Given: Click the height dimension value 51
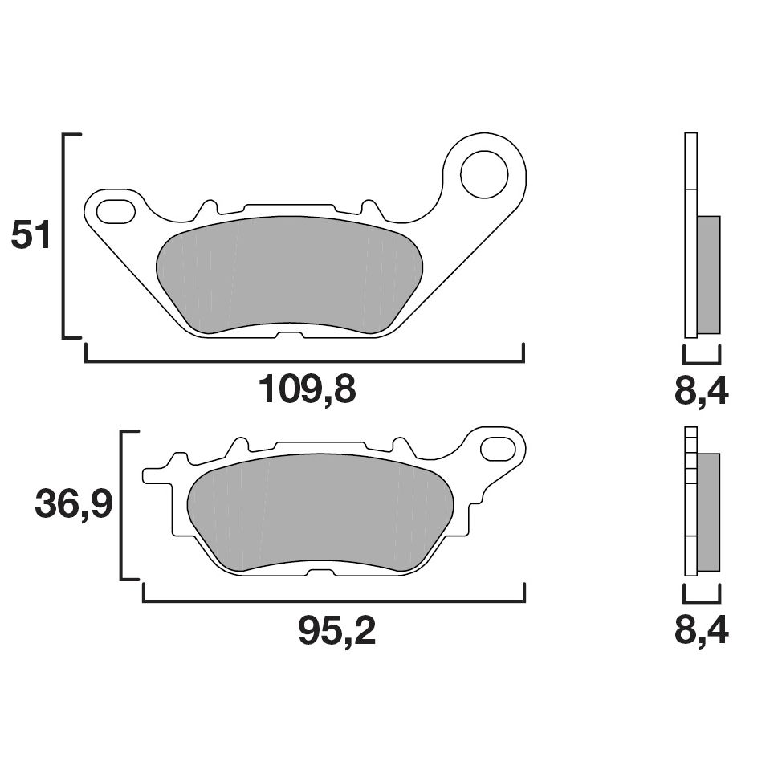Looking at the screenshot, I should pyautogui.click(x=31, y=236).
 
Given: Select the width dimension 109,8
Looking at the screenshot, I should pyautogui.click(x=306, y=391).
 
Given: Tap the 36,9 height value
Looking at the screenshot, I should pyautogui.click(x=73, y=505).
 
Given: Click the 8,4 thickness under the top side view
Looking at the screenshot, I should pyautogui.click(x=701, y=392).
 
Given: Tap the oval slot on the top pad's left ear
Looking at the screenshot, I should pyautogui.click(x=116, y=211).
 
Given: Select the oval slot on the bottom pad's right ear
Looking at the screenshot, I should pyautogui.click(x=499, y=448).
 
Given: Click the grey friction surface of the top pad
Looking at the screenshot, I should pyautogui.click(x=289, y=273).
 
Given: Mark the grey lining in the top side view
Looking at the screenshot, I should pyautogui.click(x=708, y=274).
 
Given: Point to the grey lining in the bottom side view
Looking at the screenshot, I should pyautogui.click(x=708, y=512).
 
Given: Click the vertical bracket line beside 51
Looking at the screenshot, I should pyautogui.click(x=63, y=236).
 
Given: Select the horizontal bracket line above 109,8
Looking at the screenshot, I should pyautogui.click(x=304, y=361).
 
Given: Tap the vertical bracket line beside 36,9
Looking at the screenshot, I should pyautogui.click(x=121, y=505).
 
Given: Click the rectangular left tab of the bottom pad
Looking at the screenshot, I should pyautogui.click(x=156, y=475).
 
